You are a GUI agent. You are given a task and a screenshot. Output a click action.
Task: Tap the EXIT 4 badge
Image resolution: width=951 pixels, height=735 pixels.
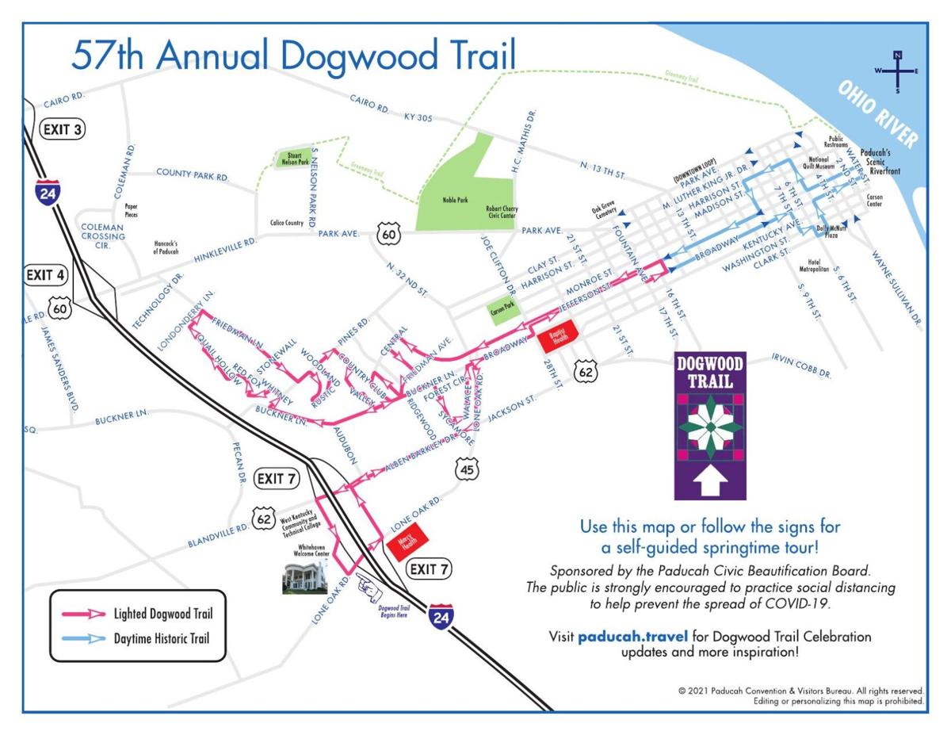tap(45, 275)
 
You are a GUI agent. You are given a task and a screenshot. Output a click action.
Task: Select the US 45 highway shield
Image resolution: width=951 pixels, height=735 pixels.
tap(467, 469)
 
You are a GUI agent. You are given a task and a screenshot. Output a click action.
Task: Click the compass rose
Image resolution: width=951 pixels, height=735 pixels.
tap(897, 72)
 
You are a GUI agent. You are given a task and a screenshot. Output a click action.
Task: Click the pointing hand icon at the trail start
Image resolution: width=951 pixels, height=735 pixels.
tap(369, 588)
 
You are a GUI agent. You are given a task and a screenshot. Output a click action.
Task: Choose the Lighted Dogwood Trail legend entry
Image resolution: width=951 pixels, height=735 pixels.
tap(138, 613)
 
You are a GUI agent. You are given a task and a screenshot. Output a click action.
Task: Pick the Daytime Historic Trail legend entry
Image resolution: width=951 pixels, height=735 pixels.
tap(138, 639)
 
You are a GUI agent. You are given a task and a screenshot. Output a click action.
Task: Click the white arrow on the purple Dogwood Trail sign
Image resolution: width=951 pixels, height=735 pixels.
tap(709, 479)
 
